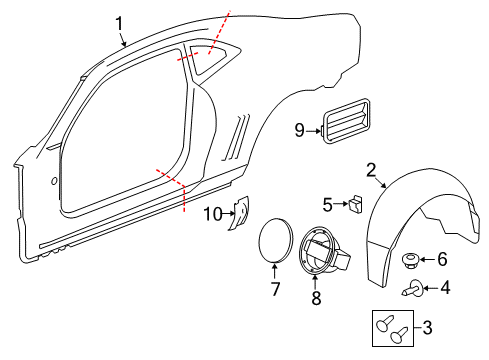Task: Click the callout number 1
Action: click(x=119, y=22)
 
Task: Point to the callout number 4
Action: click(x=446, y=291)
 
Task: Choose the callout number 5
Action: click(x=327, y=205)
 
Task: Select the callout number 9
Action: click(x=299, y=129)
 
